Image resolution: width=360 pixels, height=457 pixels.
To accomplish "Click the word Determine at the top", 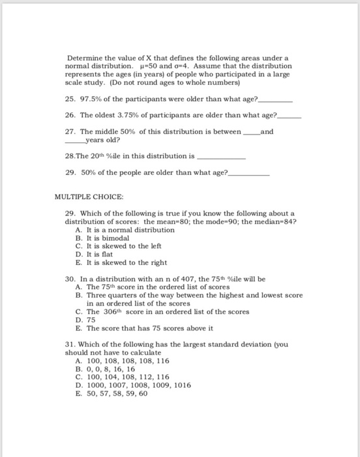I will [83, 59].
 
